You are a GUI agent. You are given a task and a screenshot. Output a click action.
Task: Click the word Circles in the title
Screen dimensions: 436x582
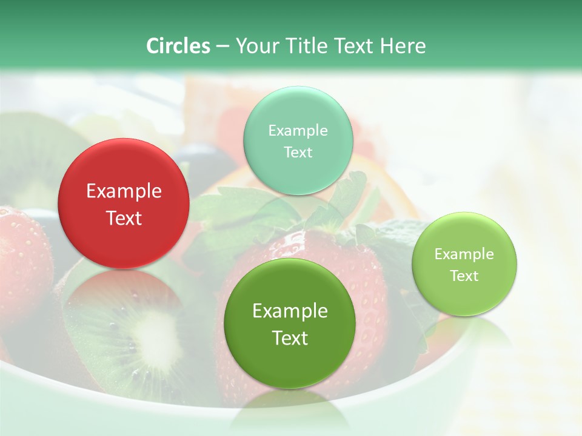(178, 45)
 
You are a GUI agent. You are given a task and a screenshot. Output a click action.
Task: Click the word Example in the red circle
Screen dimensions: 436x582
(124, 191)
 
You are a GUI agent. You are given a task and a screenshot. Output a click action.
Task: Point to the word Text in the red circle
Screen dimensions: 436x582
(124, 219)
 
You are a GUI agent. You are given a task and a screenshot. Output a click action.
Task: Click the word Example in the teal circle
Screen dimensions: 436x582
(298, 130)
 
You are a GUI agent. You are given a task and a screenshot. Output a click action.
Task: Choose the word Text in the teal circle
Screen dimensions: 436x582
(298, 152)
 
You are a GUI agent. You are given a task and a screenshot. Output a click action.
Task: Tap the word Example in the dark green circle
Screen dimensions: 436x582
(290, 311)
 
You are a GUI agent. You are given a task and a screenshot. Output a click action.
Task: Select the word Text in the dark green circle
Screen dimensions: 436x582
(290, 338)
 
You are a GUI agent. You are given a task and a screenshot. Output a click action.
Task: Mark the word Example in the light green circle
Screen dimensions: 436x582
(464, 254)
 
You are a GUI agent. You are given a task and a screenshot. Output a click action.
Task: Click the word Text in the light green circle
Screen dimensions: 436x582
(464, 276)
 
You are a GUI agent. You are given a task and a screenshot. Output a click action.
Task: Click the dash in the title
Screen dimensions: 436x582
(222, 46)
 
